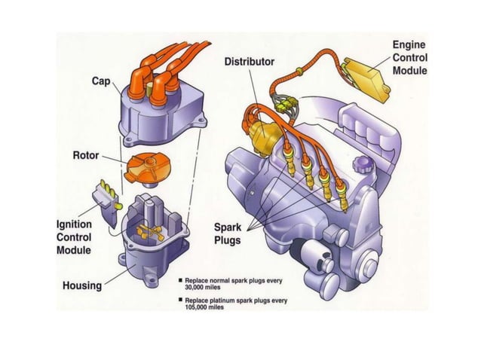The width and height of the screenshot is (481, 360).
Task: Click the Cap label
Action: tap(101, 81)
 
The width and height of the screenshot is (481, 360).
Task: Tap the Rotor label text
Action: tap(86, 155)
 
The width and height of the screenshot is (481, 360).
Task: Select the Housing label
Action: tap(82, 285)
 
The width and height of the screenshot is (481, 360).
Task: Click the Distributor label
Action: tap(250, 62)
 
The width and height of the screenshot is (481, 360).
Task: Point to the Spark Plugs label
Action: tap(228, 233)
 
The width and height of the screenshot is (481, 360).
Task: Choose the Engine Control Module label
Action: tap(410, 57)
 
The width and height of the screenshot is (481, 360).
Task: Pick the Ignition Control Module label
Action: tap(74, 237)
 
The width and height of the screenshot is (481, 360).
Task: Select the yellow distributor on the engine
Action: tap(265, 134)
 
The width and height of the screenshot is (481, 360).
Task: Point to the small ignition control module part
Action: tap(106, 202)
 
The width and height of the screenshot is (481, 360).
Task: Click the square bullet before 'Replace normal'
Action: tap(180, 280)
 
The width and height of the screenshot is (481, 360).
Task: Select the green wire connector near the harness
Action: tap(286, 105)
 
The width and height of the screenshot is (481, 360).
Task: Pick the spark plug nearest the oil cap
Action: tap(342, 196)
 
